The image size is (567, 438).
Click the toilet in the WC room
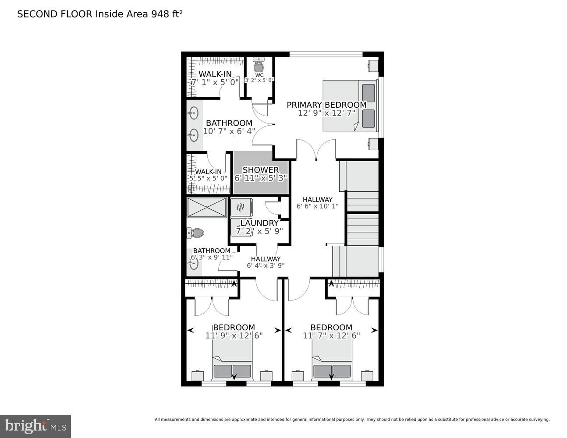click(x=259, y=66)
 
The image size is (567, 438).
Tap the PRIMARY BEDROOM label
click(x=326, y=105)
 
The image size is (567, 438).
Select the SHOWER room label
click(x=260, y=170)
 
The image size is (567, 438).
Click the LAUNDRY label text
click(x=259, y=223)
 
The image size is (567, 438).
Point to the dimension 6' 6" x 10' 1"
click(x=317, y=206)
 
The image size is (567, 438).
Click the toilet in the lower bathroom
click(x=196, y=233)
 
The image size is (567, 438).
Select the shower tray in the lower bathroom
click(x=207, y=208)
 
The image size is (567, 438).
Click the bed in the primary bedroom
click(x=350, y=105)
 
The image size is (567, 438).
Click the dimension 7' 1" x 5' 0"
click(x=215, y=82)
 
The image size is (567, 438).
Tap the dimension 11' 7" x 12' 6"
click(x=331, y=336)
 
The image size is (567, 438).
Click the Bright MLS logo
click(x=35, y=426)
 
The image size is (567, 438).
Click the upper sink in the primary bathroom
click(x=193, y=114)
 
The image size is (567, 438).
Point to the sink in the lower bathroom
click(x=194, y=262)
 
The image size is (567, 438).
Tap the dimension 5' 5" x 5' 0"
click(x=208, y=179)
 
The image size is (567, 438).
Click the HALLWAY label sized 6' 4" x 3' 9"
click(x=266, y=259)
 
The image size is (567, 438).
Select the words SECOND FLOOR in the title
click(x=55, y=14)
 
